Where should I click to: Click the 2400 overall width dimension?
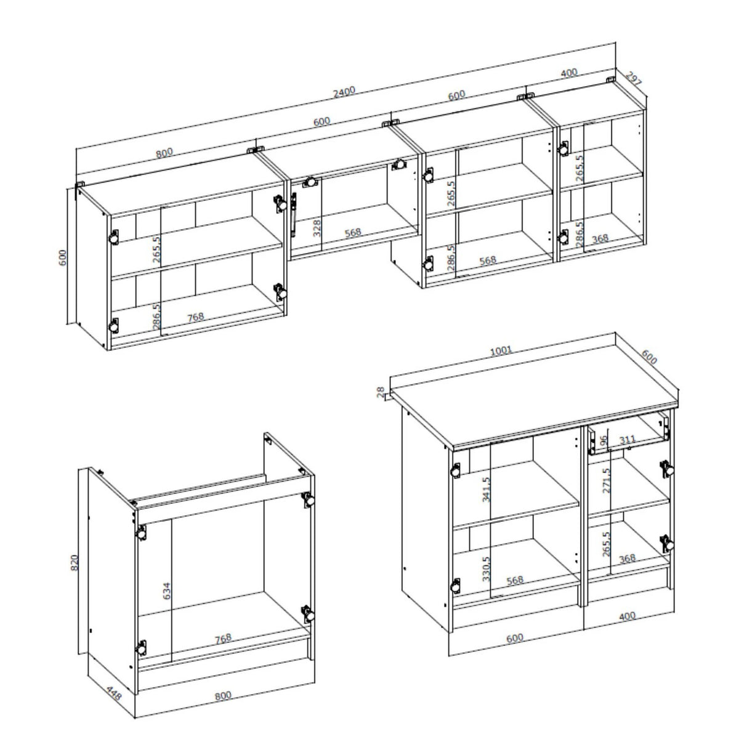pos(344,92)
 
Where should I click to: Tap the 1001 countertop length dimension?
pos(501,350)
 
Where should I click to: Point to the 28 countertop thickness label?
pos(380,392)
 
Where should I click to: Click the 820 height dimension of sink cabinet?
pos(75,563)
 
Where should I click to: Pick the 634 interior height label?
pos(166,591)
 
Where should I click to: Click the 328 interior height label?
pos(317,228)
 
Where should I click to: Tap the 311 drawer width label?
pos(628,439)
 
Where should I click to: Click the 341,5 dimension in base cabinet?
pos(487,490)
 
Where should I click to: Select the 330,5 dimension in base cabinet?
pos(487,569)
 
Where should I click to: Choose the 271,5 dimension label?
pos(606,480)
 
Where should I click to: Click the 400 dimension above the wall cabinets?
pos(569,73)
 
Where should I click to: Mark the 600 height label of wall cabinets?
pos(63,257)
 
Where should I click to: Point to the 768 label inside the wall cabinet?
pos(196,318)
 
